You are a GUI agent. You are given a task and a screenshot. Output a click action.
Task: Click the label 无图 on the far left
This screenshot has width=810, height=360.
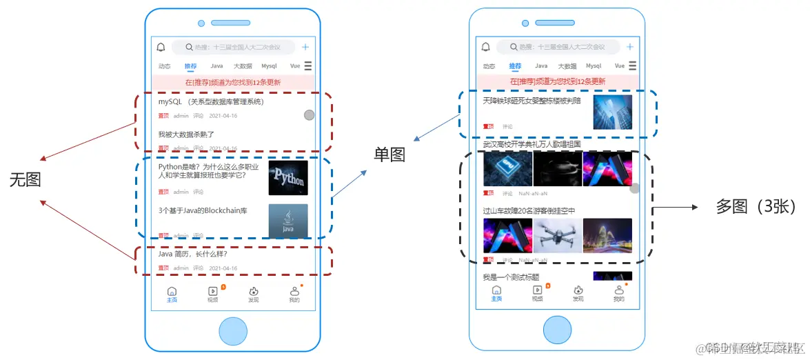25,180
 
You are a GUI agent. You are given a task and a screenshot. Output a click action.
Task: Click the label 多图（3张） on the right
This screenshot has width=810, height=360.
756,206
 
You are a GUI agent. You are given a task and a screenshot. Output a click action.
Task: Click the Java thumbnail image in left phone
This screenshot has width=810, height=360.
288,221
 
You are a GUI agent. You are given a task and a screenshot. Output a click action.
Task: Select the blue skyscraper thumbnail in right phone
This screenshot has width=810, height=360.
612,112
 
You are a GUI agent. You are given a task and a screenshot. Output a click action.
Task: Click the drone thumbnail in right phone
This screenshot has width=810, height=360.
558,236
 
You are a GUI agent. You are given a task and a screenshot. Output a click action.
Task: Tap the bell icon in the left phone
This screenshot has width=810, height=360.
161,48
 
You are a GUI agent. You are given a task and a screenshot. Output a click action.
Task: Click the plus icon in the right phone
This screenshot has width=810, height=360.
629,47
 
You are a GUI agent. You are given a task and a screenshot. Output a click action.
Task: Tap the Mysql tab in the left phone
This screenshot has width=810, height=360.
269,66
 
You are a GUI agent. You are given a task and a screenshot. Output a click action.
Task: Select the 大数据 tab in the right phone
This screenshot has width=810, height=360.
567,66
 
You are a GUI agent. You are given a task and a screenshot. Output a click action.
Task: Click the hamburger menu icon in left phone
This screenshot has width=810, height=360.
308,66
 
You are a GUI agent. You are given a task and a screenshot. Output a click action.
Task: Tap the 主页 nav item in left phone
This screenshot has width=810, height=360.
172,294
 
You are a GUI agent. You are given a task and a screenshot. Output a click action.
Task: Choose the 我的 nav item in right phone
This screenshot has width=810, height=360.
618,294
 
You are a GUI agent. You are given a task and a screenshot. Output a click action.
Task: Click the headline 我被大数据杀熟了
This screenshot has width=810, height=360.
186,134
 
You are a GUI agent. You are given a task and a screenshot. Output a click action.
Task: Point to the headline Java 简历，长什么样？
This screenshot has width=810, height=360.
193,254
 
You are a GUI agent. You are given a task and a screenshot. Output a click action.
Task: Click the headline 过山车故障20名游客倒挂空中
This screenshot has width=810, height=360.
529,210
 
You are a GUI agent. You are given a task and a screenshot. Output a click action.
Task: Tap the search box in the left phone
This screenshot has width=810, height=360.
234,48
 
